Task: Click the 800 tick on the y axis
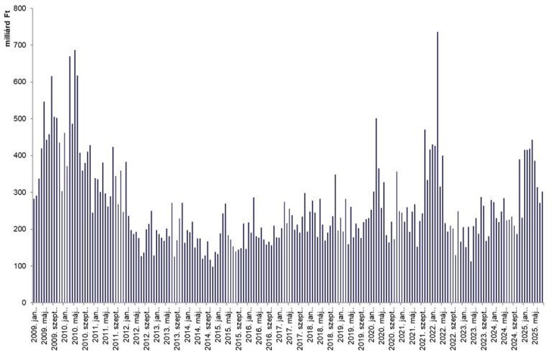19,9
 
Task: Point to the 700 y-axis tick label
19,45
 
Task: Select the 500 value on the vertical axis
19,119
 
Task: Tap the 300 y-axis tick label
19,193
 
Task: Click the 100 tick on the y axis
19,266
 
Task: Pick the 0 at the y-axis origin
23,303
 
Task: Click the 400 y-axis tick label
19,155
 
